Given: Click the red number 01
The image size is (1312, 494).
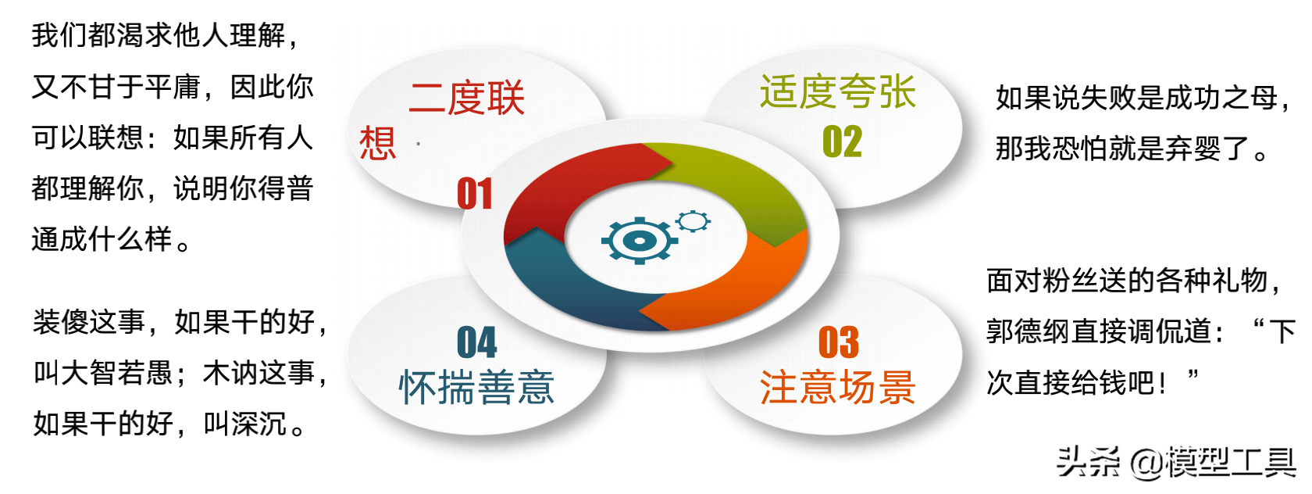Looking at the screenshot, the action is pos(475,193).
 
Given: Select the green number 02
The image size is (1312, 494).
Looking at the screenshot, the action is pos(842,141).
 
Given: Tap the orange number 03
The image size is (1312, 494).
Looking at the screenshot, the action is pos(839,342).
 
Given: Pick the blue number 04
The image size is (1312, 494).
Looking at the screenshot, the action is pos(476,342).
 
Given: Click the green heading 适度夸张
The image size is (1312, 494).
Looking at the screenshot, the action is pos(837,92).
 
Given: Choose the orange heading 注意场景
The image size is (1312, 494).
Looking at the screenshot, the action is pos(837,387).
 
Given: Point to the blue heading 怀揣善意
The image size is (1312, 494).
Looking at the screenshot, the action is pos(476,388).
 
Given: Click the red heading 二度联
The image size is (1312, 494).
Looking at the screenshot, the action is pos(466,98).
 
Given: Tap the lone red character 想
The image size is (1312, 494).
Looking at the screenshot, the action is pos(378,143).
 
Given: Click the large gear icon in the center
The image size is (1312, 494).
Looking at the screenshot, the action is pos(640,240).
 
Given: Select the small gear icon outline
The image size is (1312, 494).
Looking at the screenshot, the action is pos(693,221).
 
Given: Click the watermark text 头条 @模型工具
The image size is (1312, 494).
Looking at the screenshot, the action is pos(1178,463).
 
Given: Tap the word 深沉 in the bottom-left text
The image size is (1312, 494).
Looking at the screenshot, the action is pos(259,424).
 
